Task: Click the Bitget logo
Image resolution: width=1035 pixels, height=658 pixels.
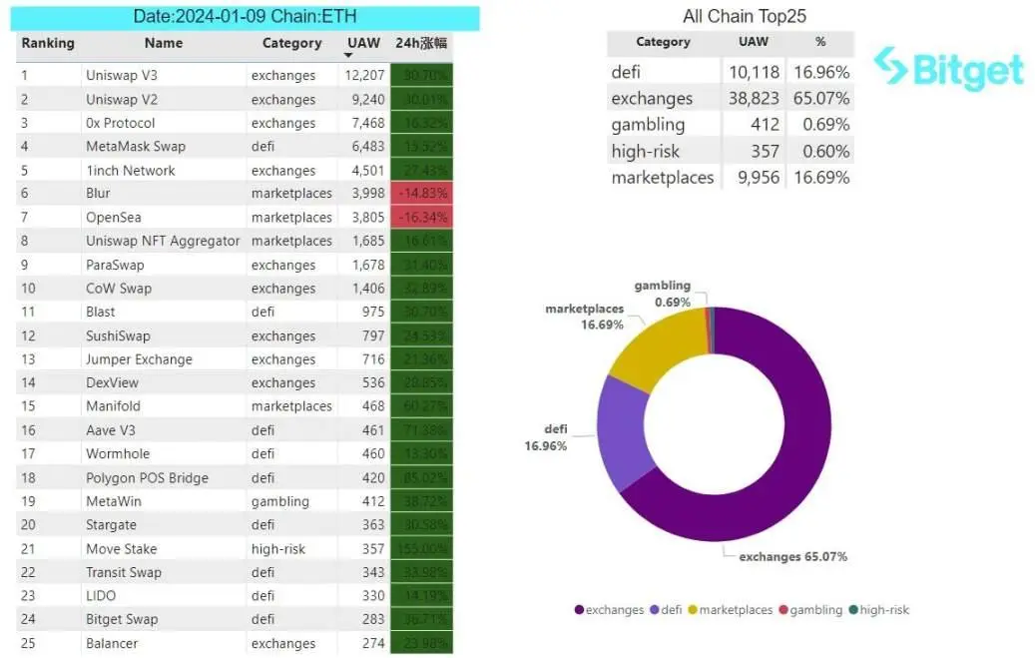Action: click(x=948, y=69)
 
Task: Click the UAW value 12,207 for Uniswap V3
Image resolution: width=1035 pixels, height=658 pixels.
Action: click(x=364, y=76)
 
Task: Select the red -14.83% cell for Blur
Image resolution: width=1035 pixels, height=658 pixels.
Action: click(x=421, y=194)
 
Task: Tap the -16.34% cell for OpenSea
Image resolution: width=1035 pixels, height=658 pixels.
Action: click(x=421, y=218)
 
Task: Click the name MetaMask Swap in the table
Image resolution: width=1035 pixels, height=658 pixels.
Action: click(x=136, y=147)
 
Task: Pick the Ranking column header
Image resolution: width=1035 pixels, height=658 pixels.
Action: click(x=48, y=44)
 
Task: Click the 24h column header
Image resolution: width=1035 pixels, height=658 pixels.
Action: click(x=421, y=44)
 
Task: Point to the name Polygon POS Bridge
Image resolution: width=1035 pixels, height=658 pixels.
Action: click(x=147, y=478)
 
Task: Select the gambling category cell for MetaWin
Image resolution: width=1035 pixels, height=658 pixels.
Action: click(x=280, y=502)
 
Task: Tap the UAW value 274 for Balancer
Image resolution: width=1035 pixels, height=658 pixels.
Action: click(x=373, y=644)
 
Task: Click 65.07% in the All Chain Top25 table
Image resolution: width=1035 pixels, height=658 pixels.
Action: click(x=821, y=99)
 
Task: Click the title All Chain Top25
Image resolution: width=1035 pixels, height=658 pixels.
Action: click(x=745, y=16)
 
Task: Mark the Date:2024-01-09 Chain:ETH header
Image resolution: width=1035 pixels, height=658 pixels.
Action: click(x=246, y=17)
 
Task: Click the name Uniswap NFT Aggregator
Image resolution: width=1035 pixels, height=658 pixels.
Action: click(x=163, y=242)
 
